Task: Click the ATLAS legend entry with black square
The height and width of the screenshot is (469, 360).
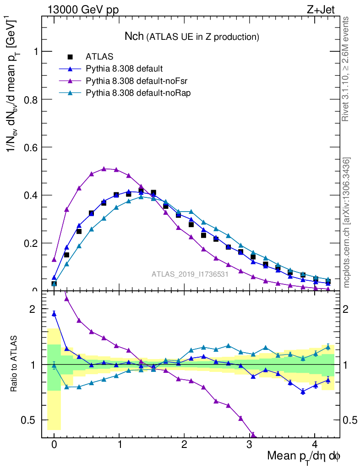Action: [99, 57]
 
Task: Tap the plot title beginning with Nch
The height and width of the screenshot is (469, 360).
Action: [192, 36]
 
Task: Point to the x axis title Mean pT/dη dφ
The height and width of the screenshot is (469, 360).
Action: [304, 456]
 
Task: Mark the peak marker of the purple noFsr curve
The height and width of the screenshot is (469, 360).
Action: [104, 169]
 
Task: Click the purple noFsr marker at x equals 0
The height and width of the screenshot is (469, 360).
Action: [54, 260]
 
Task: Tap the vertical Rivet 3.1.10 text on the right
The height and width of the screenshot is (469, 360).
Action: [346, 69]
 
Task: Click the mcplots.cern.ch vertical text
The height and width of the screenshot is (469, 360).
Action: [347, 223]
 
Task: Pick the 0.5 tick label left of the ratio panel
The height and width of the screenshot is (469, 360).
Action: [29, 420]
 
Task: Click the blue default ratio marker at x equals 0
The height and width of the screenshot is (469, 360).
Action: [54, 314]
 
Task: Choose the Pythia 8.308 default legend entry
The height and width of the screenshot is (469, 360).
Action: [124, 69]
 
